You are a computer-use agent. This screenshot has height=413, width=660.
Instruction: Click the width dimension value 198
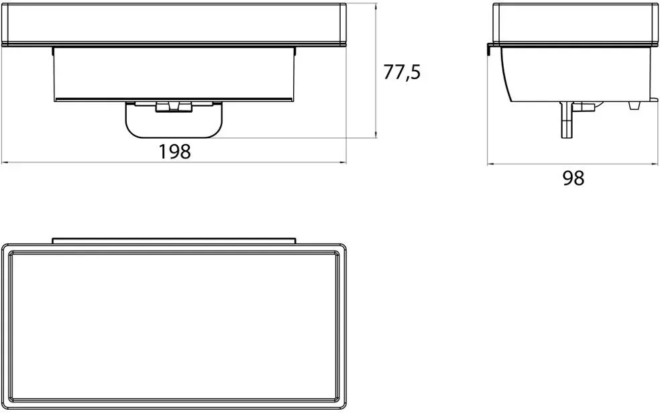tap(174, 152)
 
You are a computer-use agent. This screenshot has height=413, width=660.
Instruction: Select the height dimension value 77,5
tap(402, 72)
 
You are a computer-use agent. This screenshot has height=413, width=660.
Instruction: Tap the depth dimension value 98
tap(573, 178)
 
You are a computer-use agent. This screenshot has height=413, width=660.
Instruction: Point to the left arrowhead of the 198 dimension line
tap(5, 162)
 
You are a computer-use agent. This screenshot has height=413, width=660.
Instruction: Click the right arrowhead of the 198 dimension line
tap(342, 162)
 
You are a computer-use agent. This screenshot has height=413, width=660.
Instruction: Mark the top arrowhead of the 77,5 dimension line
tap(376, 6)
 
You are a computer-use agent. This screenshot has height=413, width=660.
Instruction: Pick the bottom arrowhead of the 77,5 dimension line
tap(376, 133)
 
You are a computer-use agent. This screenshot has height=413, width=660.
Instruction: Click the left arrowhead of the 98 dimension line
tap(491, 164)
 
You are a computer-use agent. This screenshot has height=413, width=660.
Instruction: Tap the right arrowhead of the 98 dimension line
tap(654, 164)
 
